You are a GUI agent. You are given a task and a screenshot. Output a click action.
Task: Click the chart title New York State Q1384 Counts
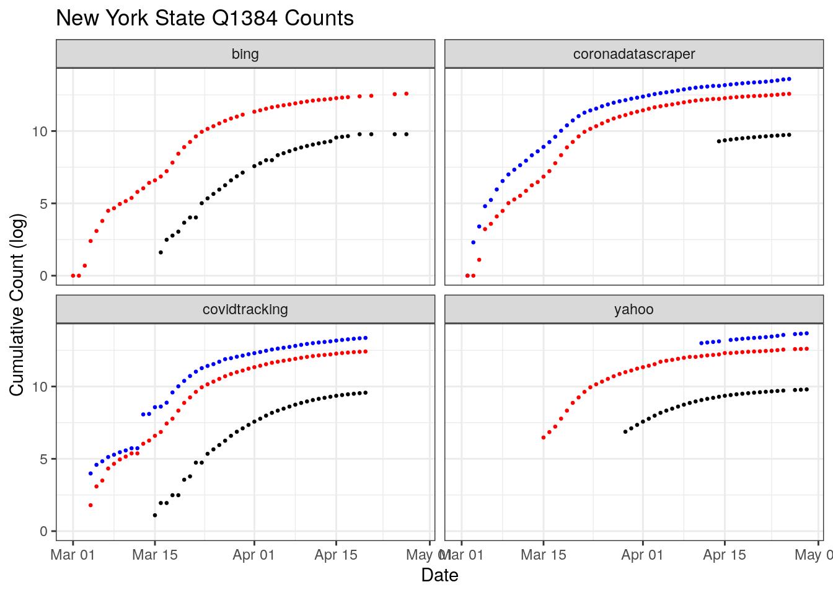(205, 18)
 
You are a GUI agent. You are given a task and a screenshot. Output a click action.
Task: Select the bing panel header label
(245, 54)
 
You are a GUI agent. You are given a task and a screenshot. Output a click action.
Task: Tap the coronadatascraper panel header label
(634, 54)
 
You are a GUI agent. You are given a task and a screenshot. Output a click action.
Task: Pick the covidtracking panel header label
(245, 309)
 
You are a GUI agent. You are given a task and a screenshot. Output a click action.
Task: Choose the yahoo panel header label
(634, 309)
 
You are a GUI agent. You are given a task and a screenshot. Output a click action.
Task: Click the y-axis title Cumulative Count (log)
(17, 304)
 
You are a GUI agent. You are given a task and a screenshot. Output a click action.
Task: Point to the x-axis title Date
(439, 575)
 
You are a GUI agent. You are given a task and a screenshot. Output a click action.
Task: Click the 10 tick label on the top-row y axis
(40, 131)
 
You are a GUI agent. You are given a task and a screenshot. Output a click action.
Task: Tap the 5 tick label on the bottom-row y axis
(43, 459)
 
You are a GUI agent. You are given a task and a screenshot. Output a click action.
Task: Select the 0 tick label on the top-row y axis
(43, 276)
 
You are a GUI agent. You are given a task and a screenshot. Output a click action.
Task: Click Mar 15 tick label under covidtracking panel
(155, 555)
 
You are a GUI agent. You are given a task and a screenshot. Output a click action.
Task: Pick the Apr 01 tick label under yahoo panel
(643, 555)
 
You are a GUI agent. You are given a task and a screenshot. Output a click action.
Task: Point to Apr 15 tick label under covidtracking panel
(336, 555)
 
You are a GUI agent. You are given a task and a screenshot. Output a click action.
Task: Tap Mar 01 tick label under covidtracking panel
(73, 555)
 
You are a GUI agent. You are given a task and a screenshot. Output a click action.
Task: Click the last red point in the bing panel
(407, 94)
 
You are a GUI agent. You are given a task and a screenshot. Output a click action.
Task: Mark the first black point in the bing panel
(161, 252)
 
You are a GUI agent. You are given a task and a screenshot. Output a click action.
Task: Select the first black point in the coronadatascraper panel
(719, 141)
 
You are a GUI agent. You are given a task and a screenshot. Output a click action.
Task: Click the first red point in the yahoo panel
(544, 438)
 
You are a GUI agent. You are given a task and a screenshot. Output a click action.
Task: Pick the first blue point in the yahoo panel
(701, 343)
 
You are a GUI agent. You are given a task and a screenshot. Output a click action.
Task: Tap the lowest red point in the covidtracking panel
(90, 505)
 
